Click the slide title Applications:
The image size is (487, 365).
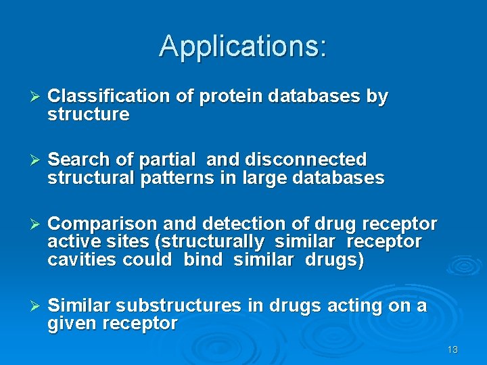pyautogui.click(x=243, y=46)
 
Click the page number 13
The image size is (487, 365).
pyautogui.click(x=453, y=349)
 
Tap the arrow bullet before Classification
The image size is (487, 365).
pyautogui.click(x=37, y=97)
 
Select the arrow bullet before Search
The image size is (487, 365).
pyautogui.click(x=37, y=160)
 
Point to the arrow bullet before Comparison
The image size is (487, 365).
pyautogui.click(x=37, y=224)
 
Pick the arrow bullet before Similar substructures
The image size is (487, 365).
pyautogui.click(x=37, y=306)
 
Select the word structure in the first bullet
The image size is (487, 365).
pyautogui.click(x=88, y=114)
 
